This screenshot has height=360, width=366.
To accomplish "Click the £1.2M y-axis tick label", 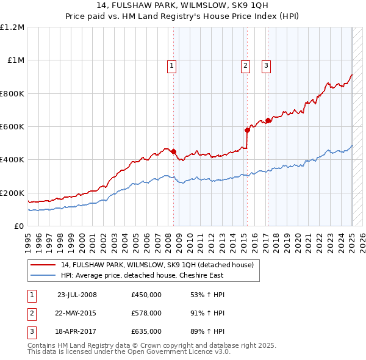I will click(x=12, y=27).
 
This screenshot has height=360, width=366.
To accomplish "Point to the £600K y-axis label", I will click(x=12, y=127).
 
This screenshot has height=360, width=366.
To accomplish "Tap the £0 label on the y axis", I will click(x=19, y=226).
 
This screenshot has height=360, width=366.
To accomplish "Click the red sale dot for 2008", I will click(x=173, y=151).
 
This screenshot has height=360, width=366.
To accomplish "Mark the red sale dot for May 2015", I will click(x=247, y=130).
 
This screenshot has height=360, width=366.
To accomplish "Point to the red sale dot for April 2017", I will click(x=268, y=121).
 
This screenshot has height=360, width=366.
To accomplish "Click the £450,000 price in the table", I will click(x=146, y=295).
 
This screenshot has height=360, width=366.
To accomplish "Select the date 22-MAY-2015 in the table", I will click(x=76, y=313).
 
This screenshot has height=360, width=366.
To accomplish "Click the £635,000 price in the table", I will click(x=146, y=331).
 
